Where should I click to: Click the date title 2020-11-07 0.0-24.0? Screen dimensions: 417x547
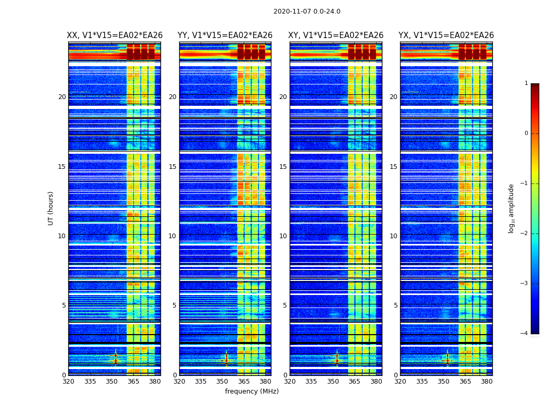(307, 11)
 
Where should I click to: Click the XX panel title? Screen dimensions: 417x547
(115, 35)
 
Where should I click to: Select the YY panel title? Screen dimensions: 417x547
(225, 35)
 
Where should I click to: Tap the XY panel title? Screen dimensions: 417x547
(336, 35)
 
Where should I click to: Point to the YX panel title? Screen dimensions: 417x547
(446, 35)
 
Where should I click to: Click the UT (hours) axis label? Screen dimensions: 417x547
(51, 208)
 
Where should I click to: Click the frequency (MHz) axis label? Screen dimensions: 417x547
(252, 391)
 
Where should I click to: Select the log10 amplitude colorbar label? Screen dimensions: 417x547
(512, 208)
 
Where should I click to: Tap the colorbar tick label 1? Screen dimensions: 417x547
(526, 83)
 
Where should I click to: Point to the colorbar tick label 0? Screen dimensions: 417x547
(526, 133)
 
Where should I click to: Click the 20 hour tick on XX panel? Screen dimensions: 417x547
(62, 97)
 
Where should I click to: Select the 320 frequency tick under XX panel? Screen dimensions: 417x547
(68, 382)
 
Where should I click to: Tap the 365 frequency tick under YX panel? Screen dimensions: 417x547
(465, 382)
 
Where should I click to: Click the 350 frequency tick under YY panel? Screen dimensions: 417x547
(222, 382)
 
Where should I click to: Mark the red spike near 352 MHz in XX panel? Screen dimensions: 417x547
(116, 357)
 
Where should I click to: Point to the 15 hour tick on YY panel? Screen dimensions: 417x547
(172, 167)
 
